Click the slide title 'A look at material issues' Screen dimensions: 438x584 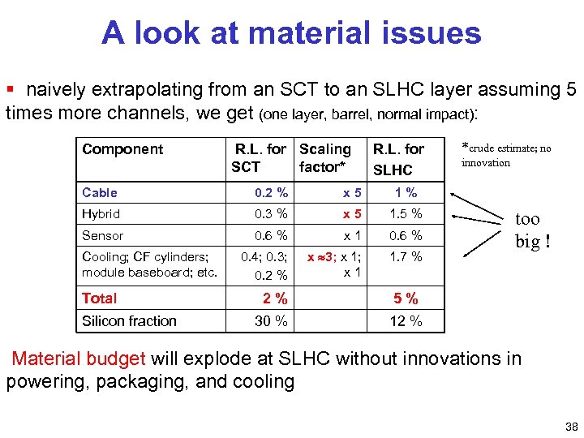[291, 33]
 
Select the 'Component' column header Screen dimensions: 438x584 [122, 149]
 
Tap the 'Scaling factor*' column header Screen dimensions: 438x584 [324, 158]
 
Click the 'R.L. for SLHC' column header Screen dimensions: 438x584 [397, 159]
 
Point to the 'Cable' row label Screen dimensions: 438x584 [100, 193]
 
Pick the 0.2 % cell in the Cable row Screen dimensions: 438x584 [270, 193]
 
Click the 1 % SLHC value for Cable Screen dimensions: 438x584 [406, 193]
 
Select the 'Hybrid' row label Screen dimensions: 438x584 [101, 214]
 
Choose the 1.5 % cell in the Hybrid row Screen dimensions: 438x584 [406, 214]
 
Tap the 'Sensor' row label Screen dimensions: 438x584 [103, 236]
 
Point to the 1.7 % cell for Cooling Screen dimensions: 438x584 [406, 257]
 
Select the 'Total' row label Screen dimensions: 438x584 [100, 298]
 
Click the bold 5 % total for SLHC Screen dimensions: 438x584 [406, 298]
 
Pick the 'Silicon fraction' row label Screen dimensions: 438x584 [129, 321]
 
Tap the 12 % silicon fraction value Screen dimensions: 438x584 [406, 321]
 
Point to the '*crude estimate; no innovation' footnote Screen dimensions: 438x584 [505, 155]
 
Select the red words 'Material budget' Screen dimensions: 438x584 [79, 359]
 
